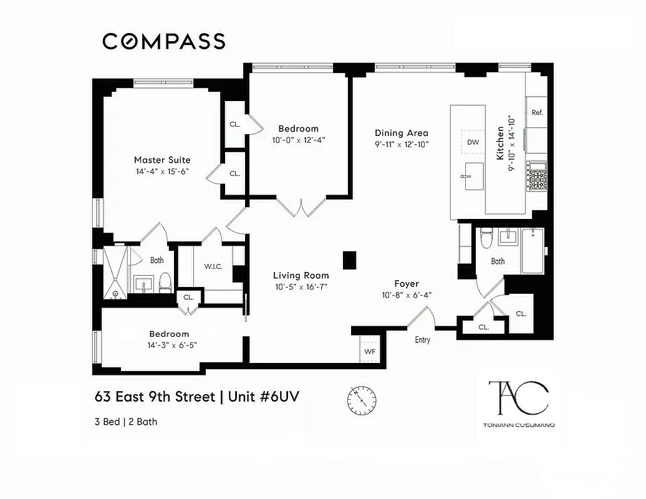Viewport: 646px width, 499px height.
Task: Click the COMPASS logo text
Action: [x=163, y=41]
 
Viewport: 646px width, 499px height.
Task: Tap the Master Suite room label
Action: [x=162, y=160]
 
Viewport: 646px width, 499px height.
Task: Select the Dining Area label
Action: [x=401, y=133]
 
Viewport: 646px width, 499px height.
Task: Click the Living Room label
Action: [x=301, y=275]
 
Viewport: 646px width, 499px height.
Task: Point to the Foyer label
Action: [x=407, y=283]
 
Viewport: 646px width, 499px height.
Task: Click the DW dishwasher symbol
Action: [x=473, y=142]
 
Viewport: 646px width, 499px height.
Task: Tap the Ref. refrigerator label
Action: [x=538, y=113]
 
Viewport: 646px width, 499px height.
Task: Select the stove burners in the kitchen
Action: [x=536, y=178]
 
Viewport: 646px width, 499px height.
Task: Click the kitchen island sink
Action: [x=473, y=177]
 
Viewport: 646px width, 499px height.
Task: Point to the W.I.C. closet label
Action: [x=213, y=267]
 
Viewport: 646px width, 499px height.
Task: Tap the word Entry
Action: [x=422, y=340]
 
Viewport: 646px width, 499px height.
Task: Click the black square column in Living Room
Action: [x=349, y=259]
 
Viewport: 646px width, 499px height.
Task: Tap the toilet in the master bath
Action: [x=165, y=283]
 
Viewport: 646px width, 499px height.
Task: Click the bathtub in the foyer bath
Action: [x=533, y=250]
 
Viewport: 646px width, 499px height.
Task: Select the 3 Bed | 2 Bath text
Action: [x=126, y=422]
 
